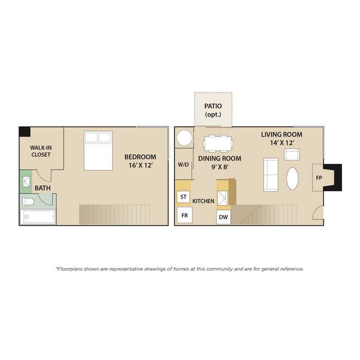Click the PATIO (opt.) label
pyautogui.click(x=213, y=110)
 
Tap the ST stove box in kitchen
pyautogui.click(x=184, y=197)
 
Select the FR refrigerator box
pyautogui.click(x=185, y=215)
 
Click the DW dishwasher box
pyautogui.click(x=223, y=217)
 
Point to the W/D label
pyautogui.click(x=184, y=165)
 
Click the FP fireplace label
pyautogui.click(x=319, y=178)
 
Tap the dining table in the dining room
pyautogui.click(x=218, y=143)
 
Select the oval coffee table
pyautogui.click(x=293, y=178)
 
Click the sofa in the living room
pyautogui.click(x=271, y=175)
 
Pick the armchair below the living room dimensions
pyautogui.click(x=292, y=154)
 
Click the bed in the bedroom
pyautogui.click(x=98, y=151)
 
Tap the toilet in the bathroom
pyautogui.click(x=28, y=202)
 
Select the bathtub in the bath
pyautogui.click(x=38, y=217)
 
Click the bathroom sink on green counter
pyautogui.click(x=26, y=182)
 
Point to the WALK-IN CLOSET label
pyautogui.click(x=41, y=151)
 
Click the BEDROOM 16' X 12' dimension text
pyautogui.click(x=140, y=161)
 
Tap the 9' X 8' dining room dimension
pyautogui.click(x=220, y=167)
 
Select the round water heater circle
pyautogui.click(x=184, y=138)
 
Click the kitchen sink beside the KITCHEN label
pyautogui.click(x=222, y=198)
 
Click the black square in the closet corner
pyautogui.click(x=25, y=132)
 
